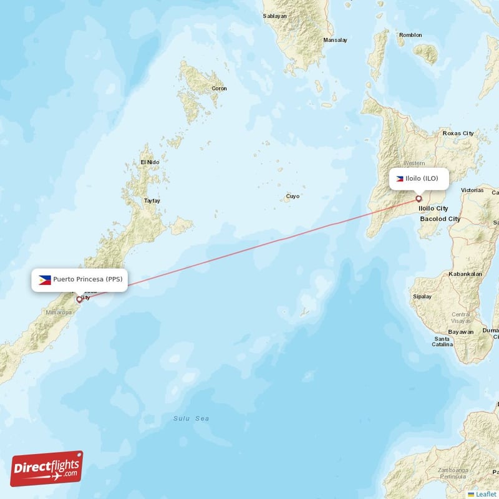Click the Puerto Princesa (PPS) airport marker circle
point(79,299)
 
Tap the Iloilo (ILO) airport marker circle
point(419,199)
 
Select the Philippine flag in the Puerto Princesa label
point(45,279)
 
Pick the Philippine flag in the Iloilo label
point(400,178)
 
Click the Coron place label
point(220,89)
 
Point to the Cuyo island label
point(293,196)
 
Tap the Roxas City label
point(458,133)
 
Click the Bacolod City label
point(440,219)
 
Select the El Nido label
point(150,162)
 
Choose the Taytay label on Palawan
point(152,201)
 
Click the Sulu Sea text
point(191,419)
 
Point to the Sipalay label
point(422,296)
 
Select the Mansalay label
point(335,41)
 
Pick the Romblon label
point(410,35)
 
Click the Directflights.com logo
point(47,468)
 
